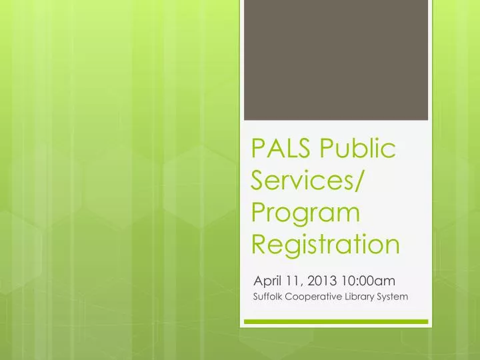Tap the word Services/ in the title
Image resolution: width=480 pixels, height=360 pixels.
coord(312,181)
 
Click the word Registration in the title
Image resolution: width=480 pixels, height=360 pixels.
coord(326,245)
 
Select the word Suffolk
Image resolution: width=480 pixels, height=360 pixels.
coord(269,297)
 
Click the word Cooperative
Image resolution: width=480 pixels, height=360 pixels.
coord(316,297)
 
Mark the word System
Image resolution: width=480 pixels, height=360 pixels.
coord(395,297)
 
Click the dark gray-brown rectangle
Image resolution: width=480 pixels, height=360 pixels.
coord(335,60)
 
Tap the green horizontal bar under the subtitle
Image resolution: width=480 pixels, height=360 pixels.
coord(335,321)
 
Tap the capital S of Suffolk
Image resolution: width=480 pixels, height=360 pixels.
coord(257,297)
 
